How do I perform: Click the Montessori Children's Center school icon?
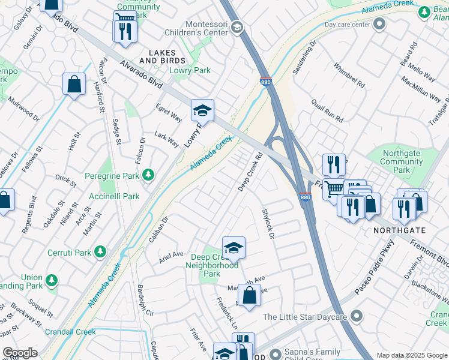237,27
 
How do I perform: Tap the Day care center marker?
379,24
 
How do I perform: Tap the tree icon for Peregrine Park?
148,175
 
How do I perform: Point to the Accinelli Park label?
115,196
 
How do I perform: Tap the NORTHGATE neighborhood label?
399,230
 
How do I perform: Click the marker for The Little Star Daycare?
357,316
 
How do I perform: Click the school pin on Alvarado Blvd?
202,110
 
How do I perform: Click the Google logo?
20,353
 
